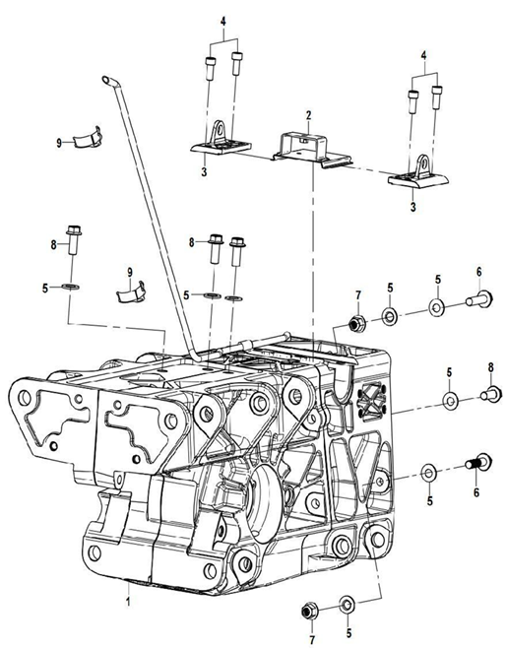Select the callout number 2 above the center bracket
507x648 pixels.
click(x=307, y=115)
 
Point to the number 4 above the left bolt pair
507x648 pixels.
click(x=223, y=21)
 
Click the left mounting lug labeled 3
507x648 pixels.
click(x=218, y=140)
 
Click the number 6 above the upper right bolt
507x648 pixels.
click(x=478, y=272)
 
